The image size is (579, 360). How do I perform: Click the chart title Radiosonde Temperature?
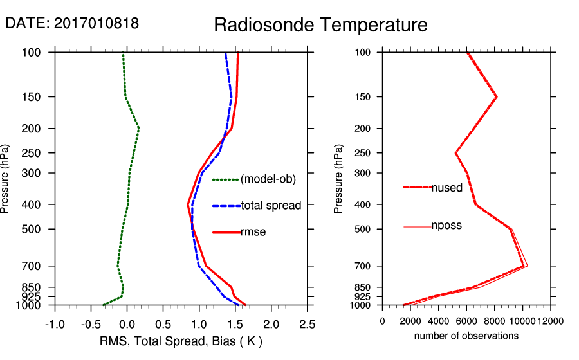(320, 25)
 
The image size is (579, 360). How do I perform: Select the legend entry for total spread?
(271, 206)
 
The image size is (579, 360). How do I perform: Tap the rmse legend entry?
(253, 232)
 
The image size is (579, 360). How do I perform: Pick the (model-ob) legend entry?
(268, 179)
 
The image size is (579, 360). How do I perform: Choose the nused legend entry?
(446, 188)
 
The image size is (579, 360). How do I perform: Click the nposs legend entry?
(446, 226)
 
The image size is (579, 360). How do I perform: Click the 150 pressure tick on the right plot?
(366, 97)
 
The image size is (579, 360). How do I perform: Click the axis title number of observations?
(466, 336)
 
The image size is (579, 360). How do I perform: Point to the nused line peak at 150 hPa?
(497, 96)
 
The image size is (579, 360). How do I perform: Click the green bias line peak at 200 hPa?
(138, 129)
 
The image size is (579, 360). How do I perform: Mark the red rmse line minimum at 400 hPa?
(188, 204)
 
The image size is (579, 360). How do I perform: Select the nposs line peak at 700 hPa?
(528, 265)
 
